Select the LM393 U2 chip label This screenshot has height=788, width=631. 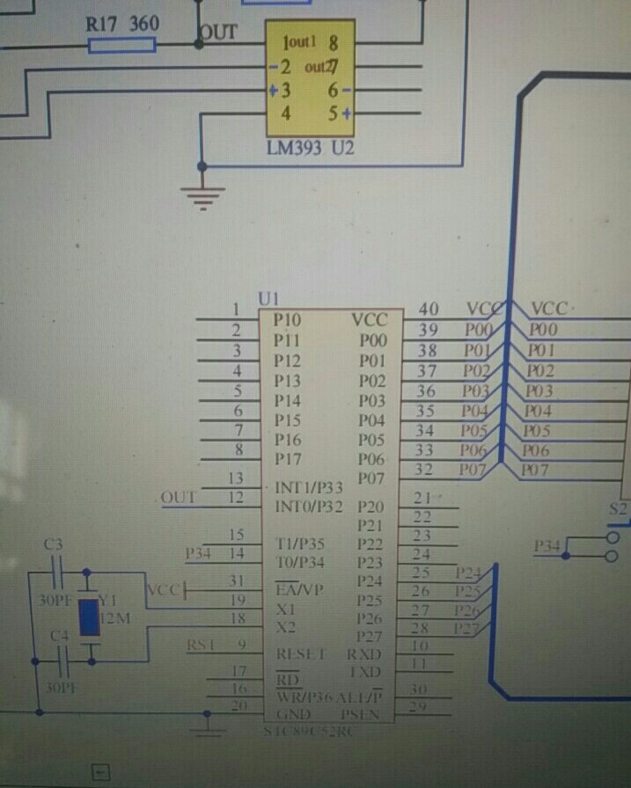pos(311,149)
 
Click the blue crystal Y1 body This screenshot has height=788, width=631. pos(88,617)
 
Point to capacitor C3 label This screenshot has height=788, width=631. pos(53,545)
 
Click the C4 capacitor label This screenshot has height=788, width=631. pos(59,635)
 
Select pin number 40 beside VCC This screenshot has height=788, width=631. pos(429,310)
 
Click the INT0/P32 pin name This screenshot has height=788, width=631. pos(309,507)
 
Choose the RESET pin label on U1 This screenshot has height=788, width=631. pos(301,654)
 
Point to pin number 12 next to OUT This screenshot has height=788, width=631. pos(235,498)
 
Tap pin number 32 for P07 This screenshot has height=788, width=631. pos(425,471)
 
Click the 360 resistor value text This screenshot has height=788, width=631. pos(144,24)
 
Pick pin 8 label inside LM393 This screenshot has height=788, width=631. pos(334,42)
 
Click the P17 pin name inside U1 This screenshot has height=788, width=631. pos(288,459)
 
